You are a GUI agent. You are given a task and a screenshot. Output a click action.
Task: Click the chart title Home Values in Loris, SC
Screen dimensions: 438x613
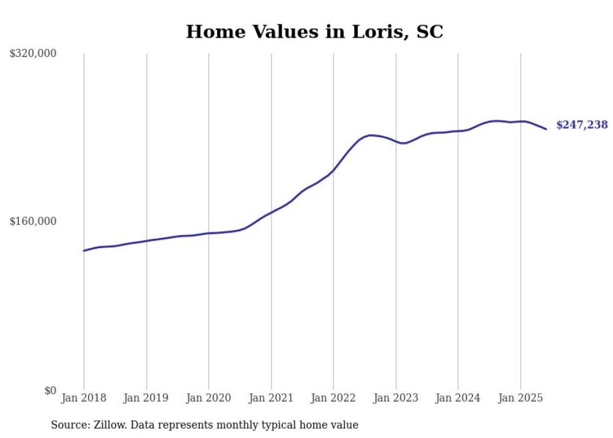point(314,32)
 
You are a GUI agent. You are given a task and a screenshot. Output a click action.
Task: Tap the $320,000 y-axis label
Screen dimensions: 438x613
point(33,54)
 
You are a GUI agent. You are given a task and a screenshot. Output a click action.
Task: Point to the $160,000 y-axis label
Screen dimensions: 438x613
point(33,221)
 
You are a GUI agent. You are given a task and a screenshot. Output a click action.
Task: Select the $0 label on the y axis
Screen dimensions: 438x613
point(50,390)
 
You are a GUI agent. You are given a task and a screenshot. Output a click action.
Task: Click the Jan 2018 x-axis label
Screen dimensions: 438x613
point(84,398)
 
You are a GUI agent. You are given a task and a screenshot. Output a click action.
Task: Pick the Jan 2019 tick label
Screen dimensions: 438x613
point(146,398)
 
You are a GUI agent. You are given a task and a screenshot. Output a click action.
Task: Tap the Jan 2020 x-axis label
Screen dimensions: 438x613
point(208,398)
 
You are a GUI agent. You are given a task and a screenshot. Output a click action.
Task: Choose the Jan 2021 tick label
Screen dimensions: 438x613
point(271,398)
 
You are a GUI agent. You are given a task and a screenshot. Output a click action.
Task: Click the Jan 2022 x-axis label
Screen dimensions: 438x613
point(333,398)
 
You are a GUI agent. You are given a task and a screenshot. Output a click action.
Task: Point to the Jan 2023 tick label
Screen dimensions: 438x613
point(395,398)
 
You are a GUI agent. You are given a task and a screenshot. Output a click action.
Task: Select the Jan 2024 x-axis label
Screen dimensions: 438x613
point(458,398)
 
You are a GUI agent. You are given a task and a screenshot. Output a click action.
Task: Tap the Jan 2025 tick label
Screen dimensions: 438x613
point(520,398)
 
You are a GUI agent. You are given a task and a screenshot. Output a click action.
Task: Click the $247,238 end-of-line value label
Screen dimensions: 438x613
point(582,125)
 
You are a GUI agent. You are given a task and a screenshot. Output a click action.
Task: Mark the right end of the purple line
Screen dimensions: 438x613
point(547,129)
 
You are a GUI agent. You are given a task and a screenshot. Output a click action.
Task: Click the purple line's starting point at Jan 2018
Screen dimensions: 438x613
point(84,251)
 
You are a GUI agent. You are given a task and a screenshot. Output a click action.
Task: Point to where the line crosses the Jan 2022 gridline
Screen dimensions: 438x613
point(333,169)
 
